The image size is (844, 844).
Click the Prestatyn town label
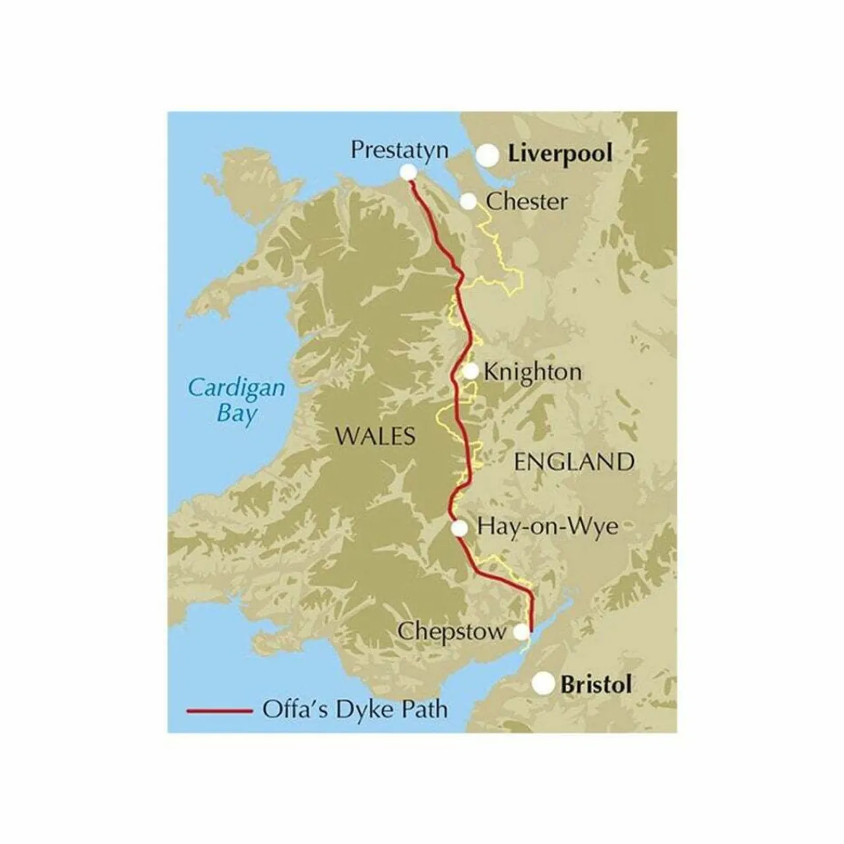click(400, 150)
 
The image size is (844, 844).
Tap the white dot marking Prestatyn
click(408, 172)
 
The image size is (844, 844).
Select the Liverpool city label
click(560, 154)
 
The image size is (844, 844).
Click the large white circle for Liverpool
click(489, 156)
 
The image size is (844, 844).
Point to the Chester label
click(526, 201)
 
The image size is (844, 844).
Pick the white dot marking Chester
click(468, 201)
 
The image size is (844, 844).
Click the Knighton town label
click(533, 372)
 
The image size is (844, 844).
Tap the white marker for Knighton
click(471, 372)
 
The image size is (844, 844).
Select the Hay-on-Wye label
click(547, 527)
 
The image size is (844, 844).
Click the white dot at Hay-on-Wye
click(460, 527)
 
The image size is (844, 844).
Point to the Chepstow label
click(452, 632)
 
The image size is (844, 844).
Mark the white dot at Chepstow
click(521, 632)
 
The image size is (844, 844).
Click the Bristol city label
click(595, 684)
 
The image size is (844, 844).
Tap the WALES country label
click(375, 436)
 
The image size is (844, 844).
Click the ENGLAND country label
click(574, 462)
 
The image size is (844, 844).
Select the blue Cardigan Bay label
click(237, 400)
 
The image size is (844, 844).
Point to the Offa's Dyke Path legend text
click(355, 710)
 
